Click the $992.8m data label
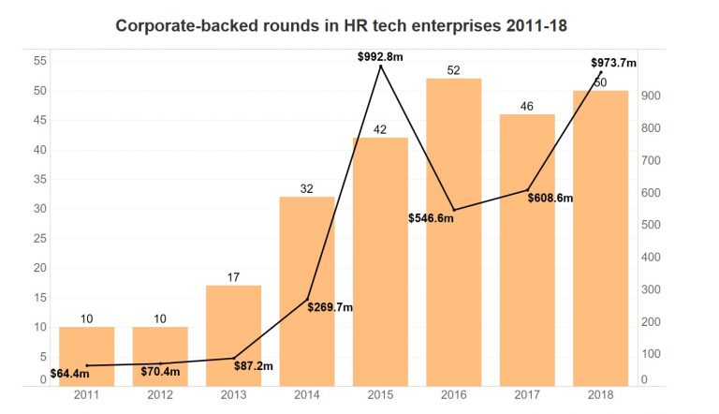point(380,57)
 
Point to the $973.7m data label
point(613,63)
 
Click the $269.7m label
point(330,307)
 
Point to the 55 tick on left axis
point(40,61)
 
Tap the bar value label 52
point(454,70)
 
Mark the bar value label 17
point(233,277)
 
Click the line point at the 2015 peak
point(380,67)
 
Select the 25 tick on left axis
point(40,238)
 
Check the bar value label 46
point(527,107)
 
